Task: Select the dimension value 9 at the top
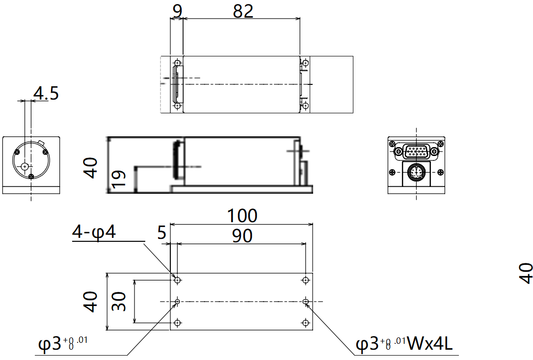(x=176, y=10)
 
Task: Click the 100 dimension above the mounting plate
(x=241, y=215)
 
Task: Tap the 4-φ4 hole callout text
(x=94, y=232)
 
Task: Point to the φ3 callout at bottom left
(x=63, y=344)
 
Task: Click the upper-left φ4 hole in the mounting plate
(x=178, y=280)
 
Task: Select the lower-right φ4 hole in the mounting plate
(x=306, y=322)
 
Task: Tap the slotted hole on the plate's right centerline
(x=306, y=301)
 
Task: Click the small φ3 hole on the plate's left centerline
(x=178, y=301)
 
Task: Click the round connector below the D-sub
(x=416, y=172)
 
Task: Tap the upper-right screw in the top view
(x=305, y=63)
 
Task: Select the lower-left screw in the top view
(x=177, y=105)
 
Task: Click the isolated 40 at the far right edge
(x=526, y=273)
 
